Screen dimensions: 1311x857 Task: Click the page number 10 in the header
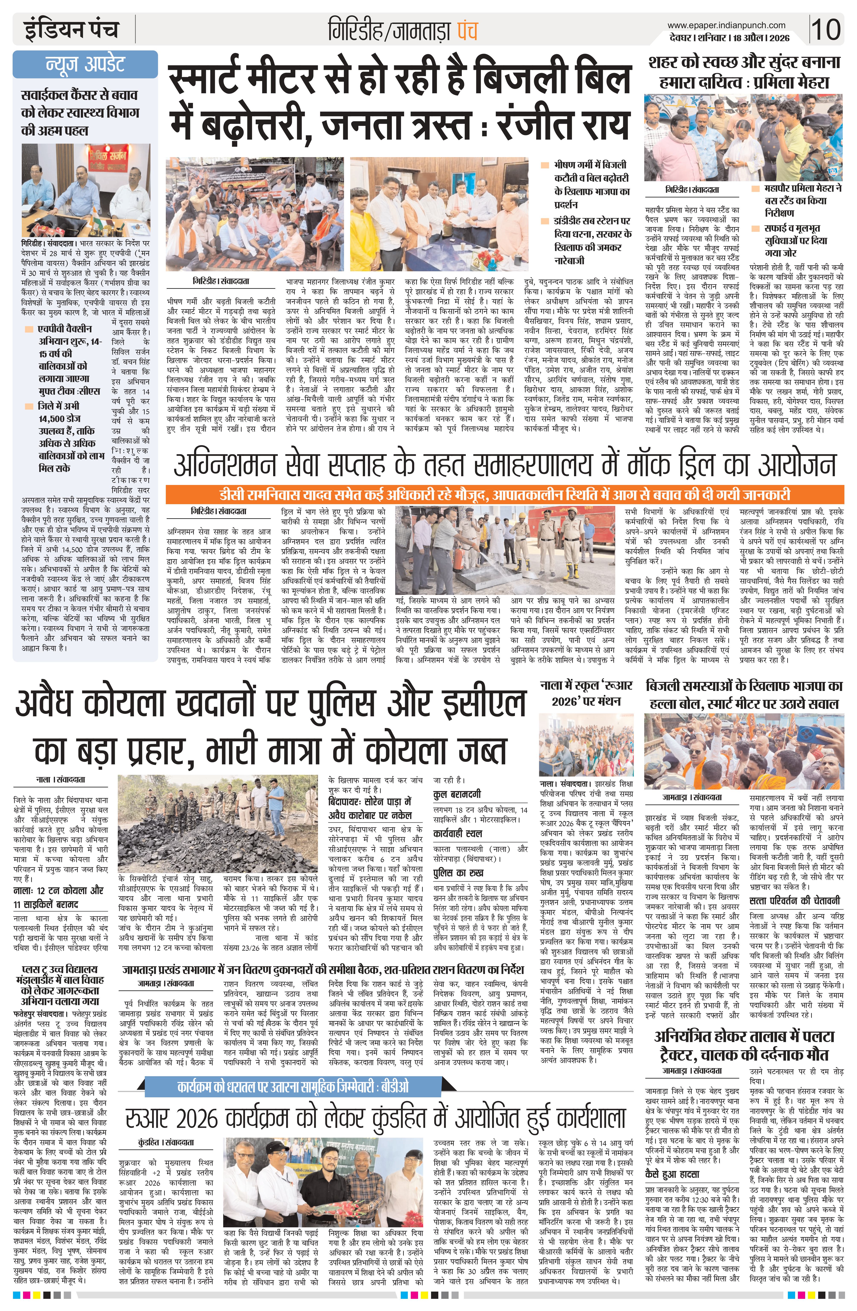pos(827,29)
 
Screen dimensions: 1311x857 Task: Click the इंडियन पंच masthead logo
pos(70,29)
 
